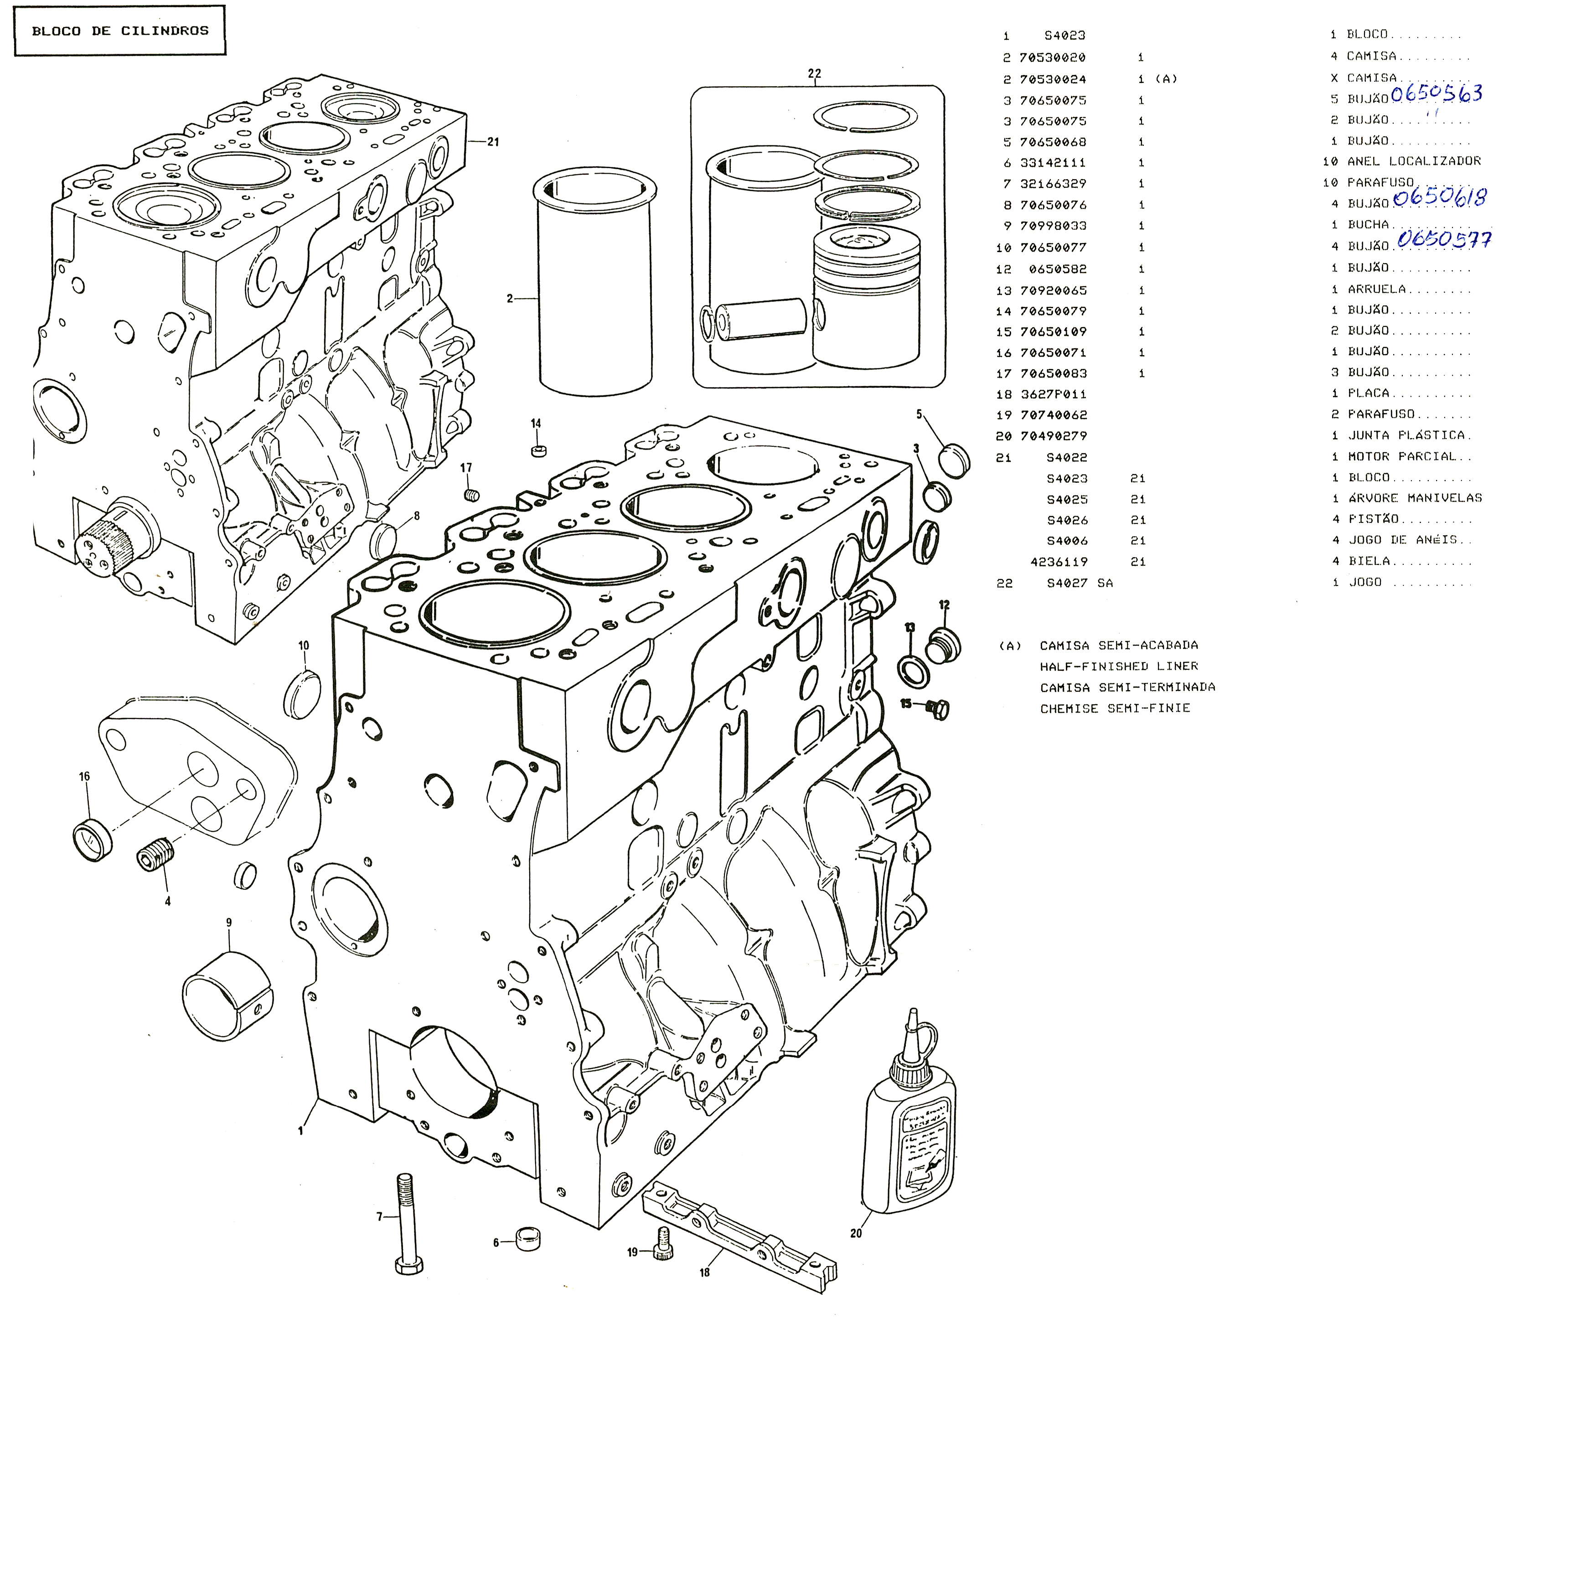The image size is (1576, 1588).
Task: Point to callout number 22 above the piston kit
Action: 814,73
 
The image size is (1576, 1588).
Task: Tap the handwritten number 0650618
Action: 1440,197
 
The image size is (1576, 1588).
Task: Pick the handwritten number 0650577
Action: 1444,239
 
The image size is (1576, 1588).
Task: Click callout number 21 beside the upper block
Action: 493,142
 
